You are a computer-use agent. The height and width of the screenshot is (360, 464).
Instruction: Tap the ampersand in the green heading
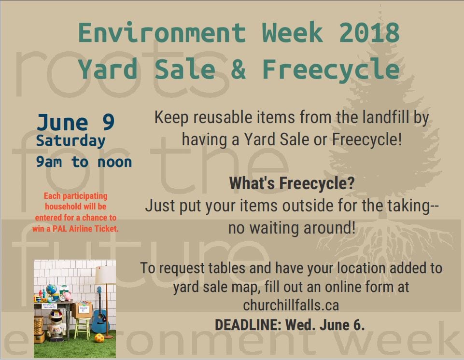pyautogui.click(x=239, y=69)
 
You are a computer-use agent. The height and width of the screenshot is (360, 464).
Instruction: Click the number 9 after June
pyautogui.click(x=108, y=122)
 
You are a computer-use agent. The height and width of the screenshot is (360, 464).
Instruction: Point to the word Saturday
pyautogui.click(x=70, y=141)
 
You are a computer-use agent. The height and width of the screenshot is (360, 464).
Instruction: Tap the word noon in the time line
pyautogui.click(x=114, y=163)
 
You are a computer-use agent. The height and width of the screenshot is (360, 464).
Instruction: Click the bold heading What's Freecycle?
pyautogui.click(x=292, y=183)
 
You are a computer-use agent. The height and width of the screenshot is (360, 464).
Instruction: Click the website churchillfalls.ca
pyautogui.click(x=291, y=305)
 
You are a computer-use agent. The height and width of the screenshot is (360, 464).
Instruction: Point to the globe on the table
pyautogui.click(x=52, y=289)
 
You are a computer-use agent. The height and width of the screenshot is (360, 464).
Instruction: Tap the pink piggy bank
pyautogui.click(x=68, y=296)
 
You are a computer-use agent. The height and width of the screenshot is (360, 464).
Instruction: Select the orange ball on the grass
pyautogui.click(x=99, y=338)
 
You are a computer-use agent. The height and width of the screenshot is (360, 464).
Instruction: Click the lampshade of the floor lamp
pyautogui.click(x=105, y=275)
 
